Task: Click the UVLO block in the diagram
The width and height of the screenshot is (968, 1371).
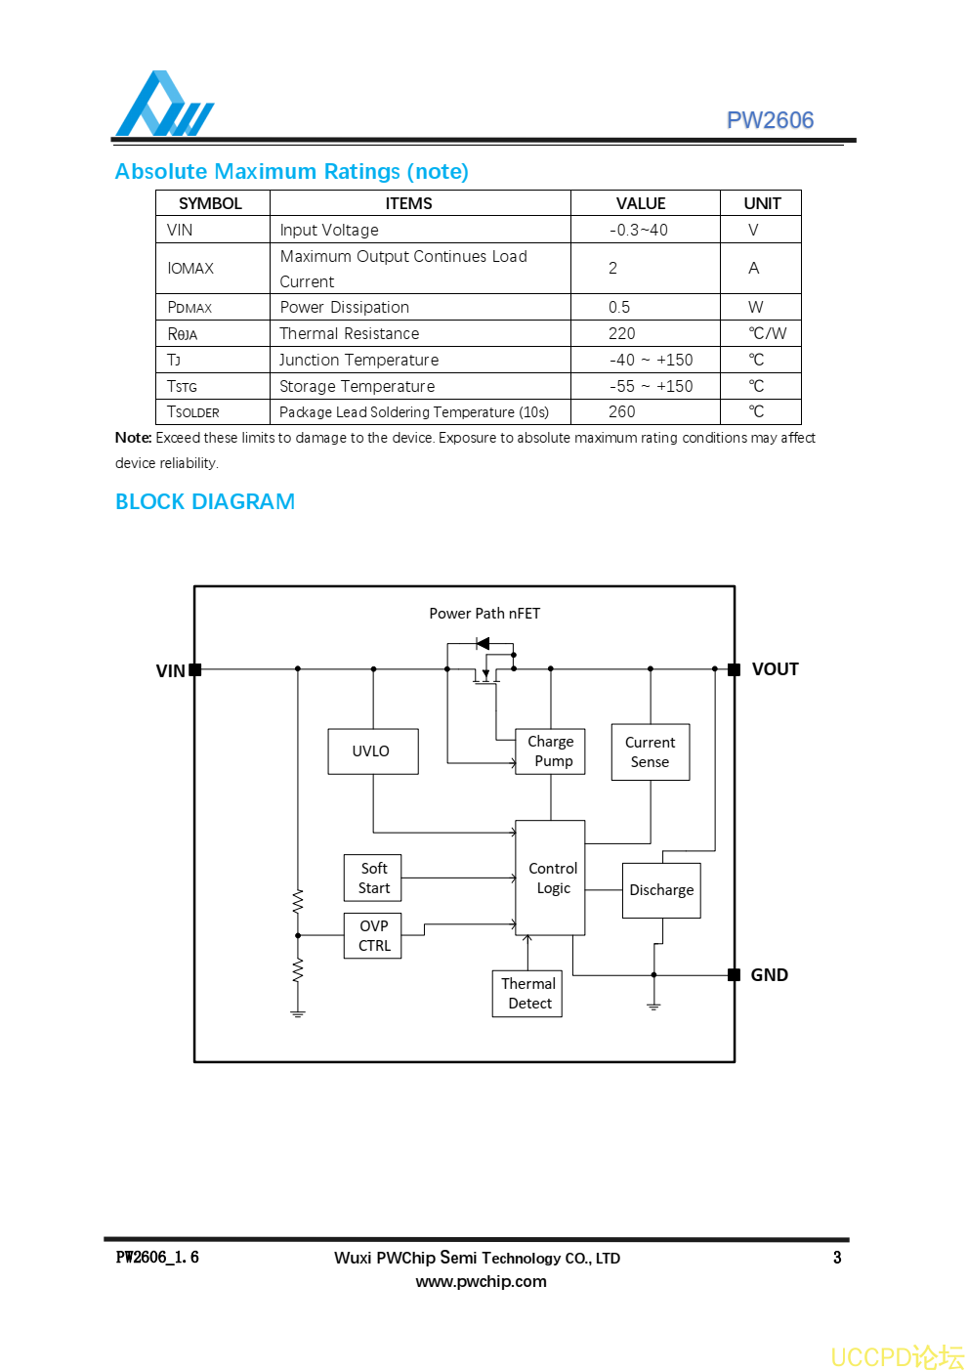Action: click(x=372, y=751)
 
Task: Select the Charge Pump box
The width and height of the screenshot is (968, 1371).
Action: click(x=551, y=751)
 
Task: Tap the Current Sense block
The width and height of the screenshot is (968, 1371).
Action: click(x=650, y=752)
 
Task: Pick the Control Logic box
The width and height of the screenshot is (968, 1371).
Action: click(x=550, y=878)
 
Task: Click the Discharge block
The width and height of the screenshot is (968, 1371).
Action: click(x=661, y=890)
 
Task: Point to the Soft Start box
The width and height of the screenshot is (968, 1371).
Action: click(x=373, y=878)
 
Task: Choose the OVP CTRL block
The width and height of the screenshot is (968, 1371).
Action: click(x=373, y=935)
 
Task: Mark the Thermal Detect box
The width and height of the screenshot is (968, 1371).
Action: click(x=527, y=993)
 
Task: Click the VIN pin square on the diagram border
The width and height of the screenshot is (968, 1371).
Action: click(x=195, y=669)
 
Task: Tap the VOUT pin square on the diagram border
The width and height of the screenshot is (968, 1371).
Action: click(x=734, y=669)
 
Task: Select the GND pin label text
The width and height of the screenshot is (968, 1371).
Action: click(x=769, y=975)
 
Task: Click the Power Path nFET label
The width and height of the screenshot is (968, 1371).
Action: click(x=484, y=614)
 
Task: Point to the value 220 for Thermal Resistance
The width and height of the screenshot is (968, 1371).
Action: click(x=622, y=333)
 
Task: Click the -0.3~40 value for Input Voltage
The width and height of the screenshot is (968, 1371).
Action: click(x=639, y=230)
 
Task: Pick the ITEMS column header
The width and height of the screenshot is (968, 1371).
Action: click(x=408, y=203)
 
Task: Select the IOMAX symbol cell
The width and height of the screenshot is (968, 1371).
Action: click(x=190, y=269)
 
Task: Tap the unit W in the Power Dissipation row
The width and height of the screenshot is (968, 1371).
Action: click(x=755, y=307)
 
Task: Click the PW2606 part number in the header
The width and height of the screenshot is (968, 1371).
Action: click(x=770, y=120)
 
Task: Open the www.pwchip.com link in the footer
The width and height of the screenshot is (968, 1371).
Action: click(x=481, y=1281)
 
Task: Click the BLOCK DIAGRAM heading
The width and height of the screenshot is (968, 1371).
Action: click(x=205, y=501)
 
